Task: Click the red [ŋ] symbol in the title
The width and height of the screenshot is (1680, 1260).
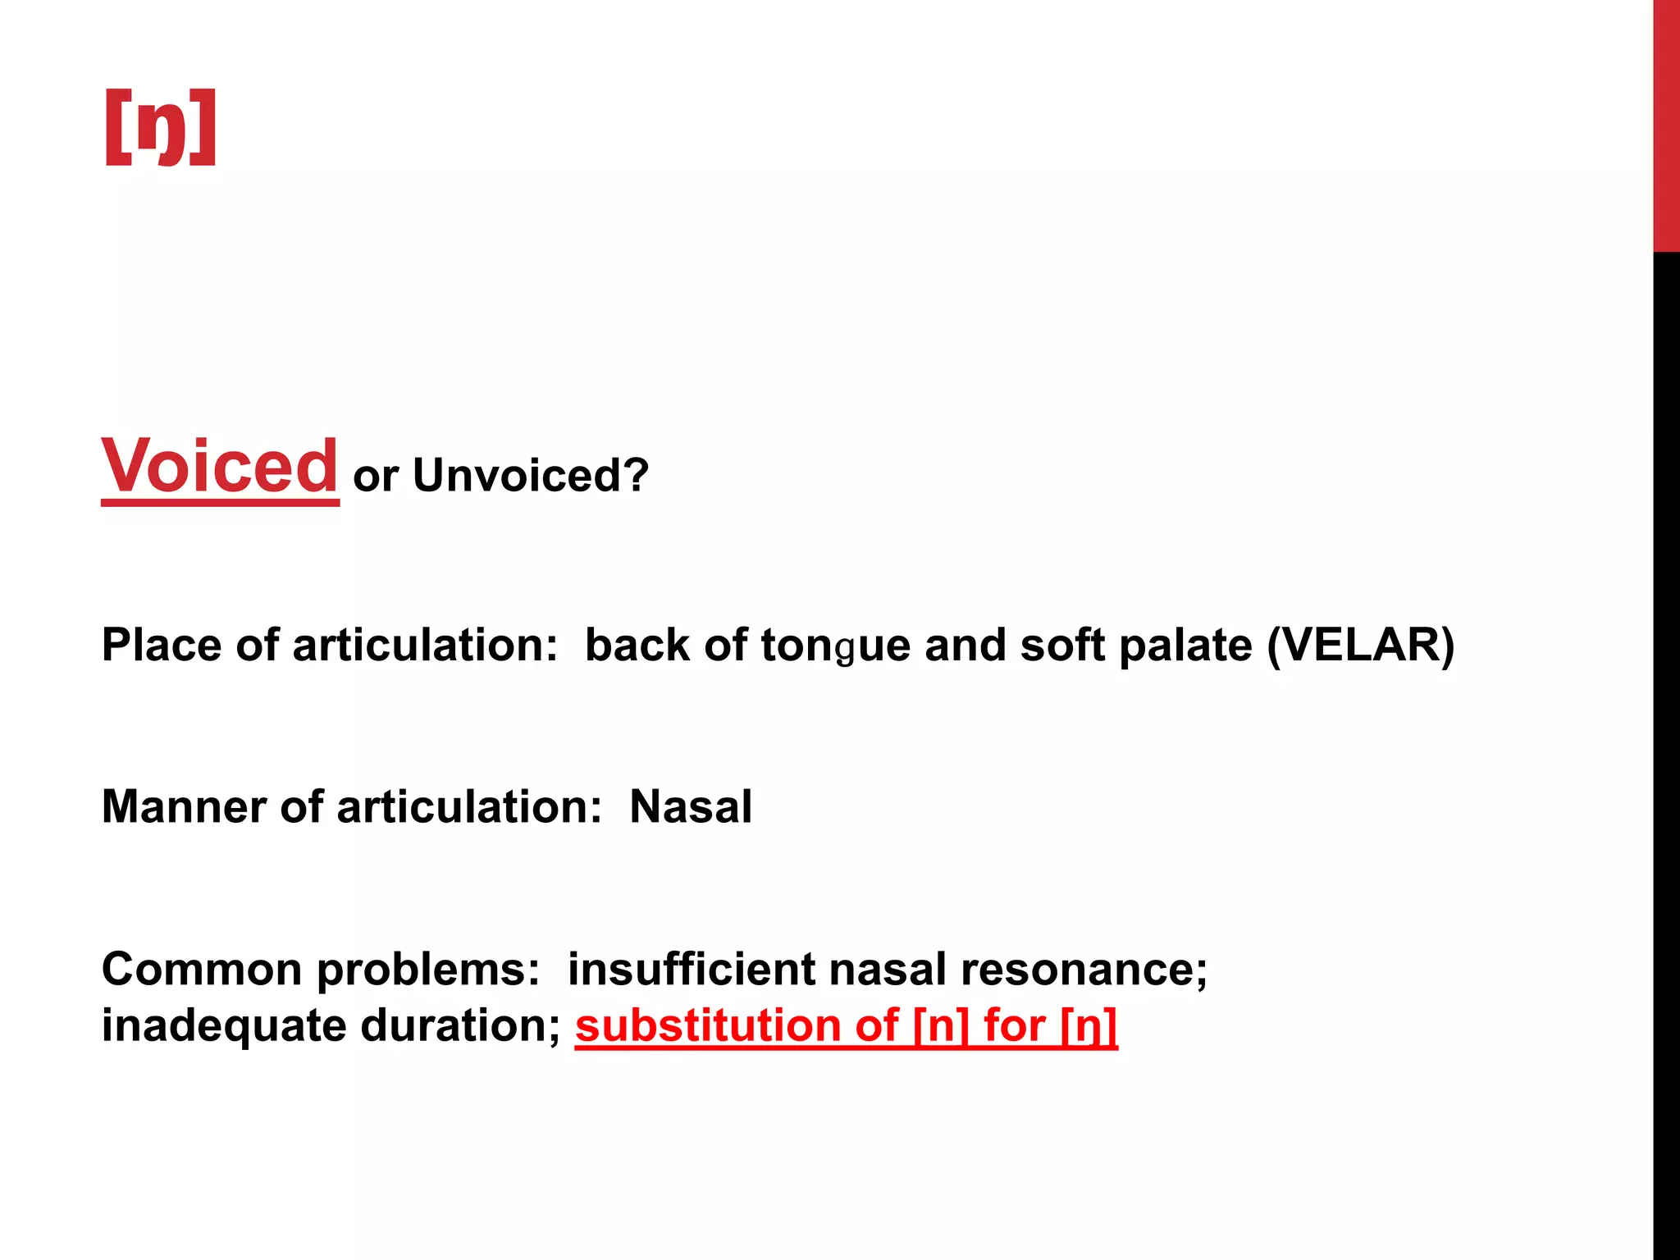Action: [x=161, y=127]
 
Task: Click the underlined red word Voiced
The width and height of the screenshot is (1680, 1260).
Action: [x=219, y=467]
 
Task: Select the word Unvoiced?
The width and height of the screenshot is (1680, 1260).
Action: [x=531, y=475]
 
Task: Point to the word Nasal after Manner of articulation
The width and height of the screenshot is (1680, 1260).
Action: [x=691, y=806]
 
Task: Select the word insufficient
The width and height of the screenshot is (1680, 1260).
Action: [x=692, y=969]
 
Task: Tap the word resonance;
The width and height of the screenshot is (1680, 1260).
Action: [x=1084, y=969]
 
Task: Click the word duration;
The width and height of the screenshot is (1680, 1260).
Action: [x=460, y=1026]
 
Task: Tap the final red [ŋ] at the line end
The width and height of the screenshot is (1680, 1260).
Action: [x=1089, y=1026]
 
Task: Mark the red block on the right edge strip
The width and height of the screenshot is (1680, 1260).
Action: [x=1666, y=123]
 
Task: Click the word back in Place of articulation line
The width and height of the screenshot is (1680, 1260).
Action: [x=637, y=645]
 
